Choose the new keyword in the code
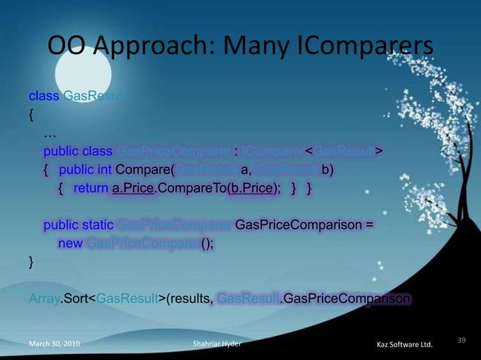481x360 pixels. [70, 243]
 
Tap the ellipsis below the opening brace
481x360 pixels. [51, 133]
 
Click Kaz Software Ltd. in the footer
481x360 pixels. [403, 345]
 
